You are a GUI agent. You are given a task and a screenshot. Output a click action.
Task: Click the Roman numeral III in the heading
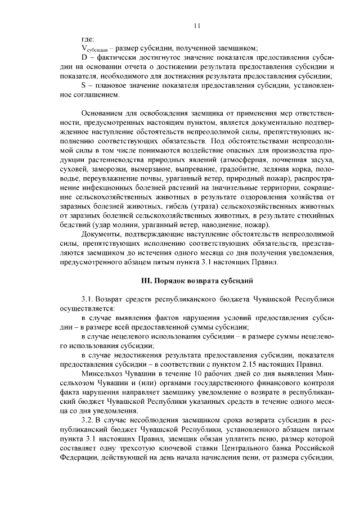(145, 279)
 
